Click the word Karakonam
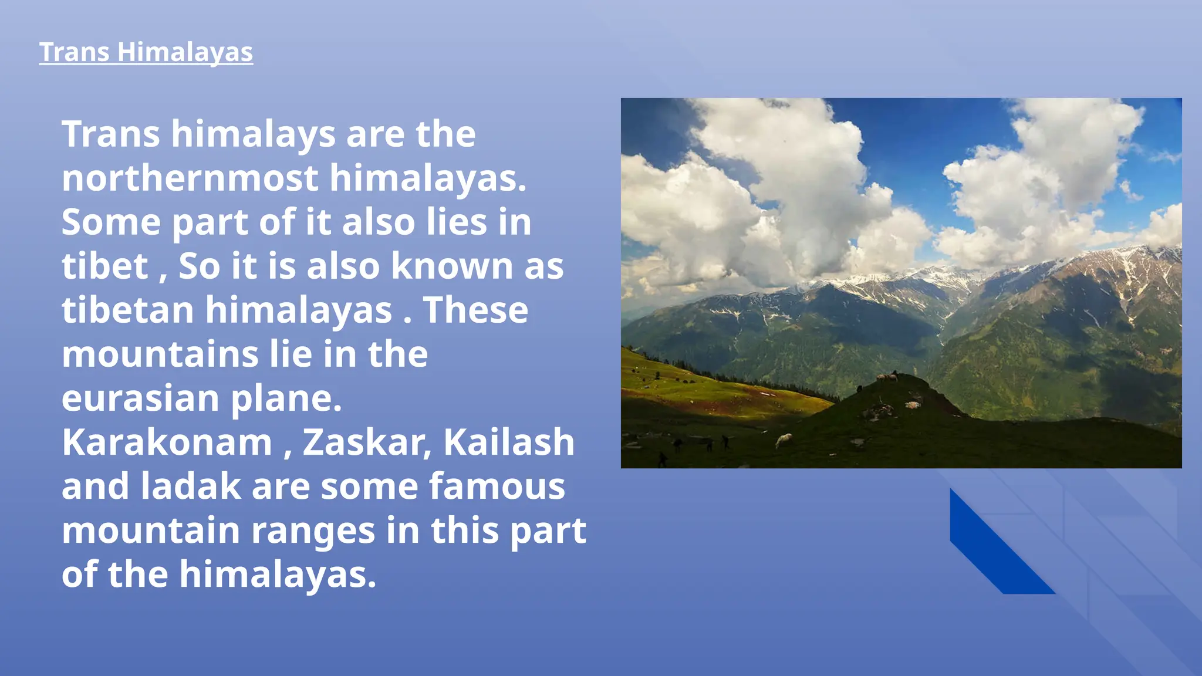[x=167, y=442]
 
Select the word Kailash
[x=508, y=442]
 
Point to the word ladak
[x=191, y=486]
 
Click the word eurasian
[x=140, y=399]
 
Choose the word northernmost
[x=190, y=178]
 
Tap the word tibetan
[x=127, y=310]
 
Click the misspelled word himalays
[x=253, y=134]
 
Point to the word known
[x=452, y=266]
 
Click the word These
[x=475, y=310]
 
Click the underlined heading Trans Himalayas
[x=146, y=52]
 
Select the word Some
[x=111, y=222]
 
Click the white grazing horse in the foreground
[x=784, y=439]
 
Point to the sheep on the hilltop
[x=886, y=377]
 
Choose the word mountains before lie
[x=160, y=354]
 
